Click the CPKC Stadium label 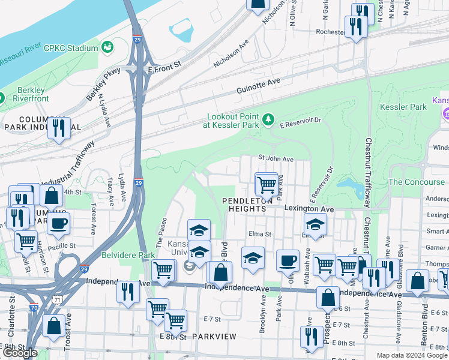(74, 48)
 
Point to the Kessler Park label (403, 107)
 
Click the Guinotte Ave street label (258, 83)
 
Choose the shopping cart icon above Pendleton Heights (266, 183)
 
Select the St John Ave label (276, 159)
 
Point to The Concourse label (416, 182)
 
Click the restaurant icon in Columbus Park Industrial (59, 128)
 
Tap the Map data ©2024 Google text (411, 355)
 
